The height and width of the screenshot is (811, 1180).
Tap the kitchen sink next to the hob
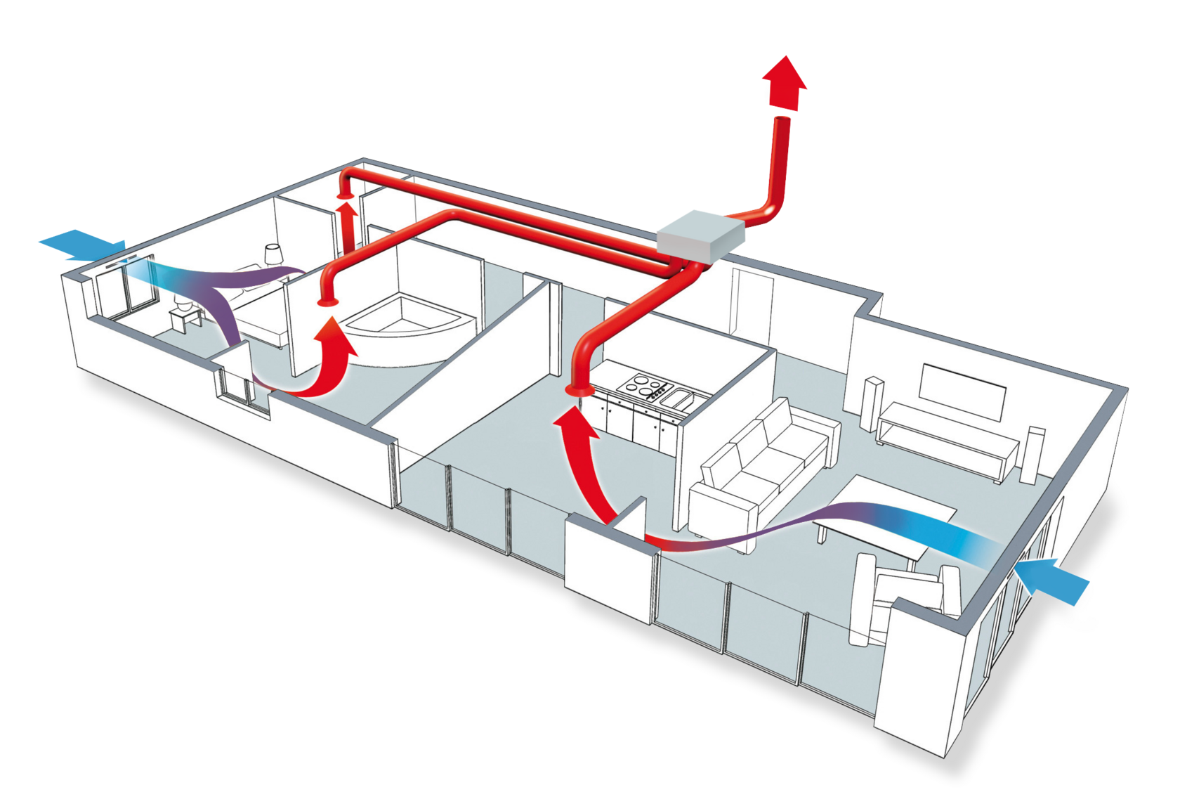click(678, 400)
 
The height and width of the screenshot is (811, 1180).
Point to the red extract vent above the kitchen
click(579, 389)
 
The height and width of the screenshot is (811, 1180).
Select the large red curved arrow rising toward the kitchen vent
click(583, 464)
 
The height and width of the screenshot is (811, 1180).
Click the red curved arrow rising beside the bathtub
click(330, 358)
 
